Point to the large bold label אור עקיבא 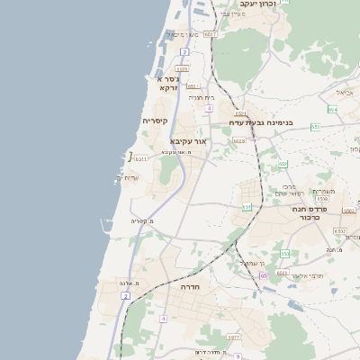(188, 141)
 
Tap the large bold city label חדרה (190, 286)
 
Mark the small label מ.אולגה (129, 283)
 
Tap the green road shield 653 (315, 127)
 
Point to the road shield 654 (332, 109)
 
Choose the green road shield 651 (247, 206)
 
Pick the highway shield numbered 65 (263, 275)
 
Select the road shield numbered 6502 (339, 231)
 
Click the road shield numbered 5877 (233, 337)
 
